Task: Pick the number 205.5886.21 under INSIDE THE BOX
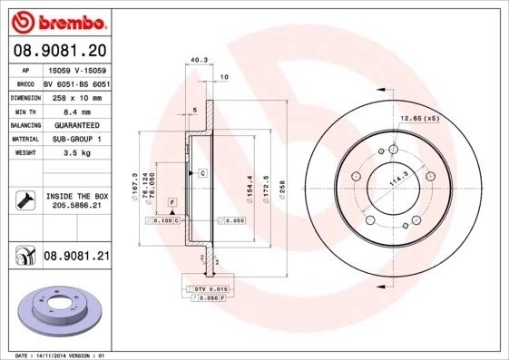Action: pos(75,207)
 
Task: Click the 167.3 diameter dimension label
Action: pos(135,185)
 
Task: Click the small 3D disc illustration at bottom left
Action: pos(62,311)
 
